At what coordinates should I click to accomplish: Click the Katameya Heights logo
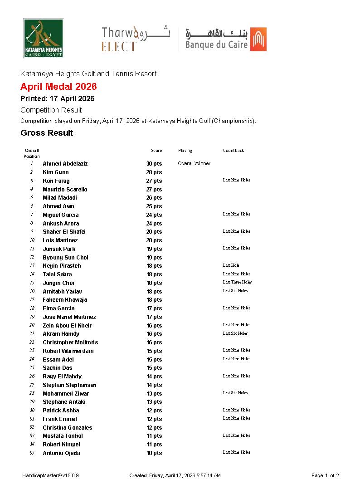(x=44, y=38)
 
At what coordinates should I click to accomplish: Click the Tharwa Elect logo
(x=136, y=39)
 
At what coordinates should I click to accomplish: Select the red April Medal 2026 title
(x=58, y=87)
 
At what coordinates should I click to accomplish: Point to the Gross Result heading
(x=47, y=133)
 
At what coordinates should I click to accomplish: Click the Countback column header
(x=234, y=151)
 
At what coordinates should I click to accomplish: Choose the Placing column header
(x=185, y=151)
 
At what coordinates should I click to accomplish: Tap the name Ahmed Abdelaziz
(x=65, y=164)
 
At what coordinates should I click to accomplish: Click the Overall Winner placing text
(x=194, y=163)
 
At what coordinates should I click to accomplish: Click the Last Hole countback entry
(x=231, y=265)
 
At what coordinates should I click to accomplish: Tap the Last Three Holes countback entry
(x=237, y=282)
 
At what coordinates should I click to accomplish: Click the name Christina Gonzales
(x=67, y=428)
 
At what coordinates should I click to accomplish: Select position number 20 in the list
(x=32, y=325)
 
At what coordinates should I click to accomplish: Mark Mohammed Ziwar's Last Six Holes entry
(x=235, y=393)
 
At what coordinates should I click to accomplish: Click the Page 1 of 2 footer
(x=325, y=475)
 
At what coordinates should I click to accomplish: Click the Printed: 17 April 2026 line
(x=58, y=98)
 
